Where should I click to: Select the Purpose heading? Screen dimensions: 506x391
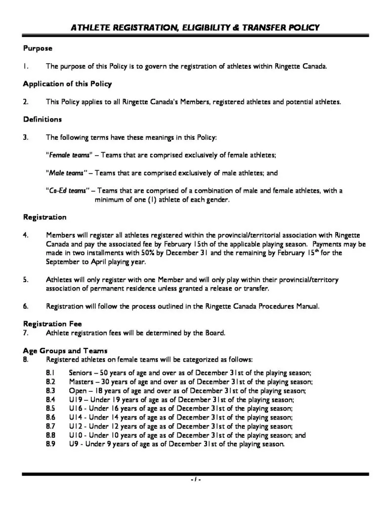point(38,48)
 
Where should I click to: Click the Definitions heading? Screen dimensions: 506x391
point(42,119)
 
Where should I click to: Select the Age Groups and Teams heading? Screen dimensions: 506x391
point(65,351)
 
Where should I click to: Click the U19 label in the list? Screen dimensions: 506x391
point(76,399)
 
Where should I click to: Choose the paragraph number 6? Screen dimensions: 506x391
point(25,306)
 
